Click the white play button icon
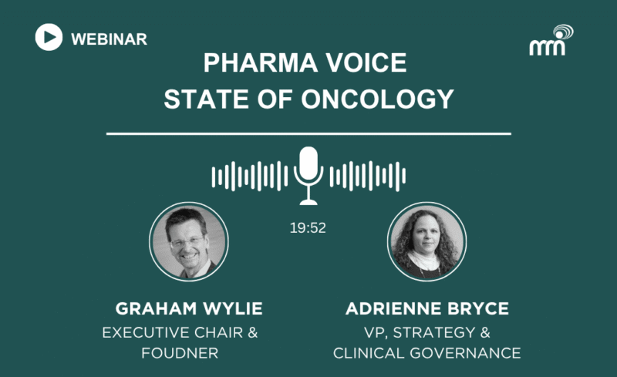point(49,37)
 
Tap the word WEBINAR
point(109,39)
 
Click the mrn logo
point(551,41)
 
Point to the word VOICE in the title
point(366,62)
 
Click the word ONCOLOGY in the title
point(377,99)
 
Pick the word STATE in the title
point(206,99)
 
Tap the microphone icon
point(308,176)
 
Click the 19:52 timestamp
point(308,228)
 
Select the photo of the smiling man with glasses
point(189,241)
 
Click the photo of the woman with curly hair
point(427,241)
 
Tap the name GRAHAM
point(156,308)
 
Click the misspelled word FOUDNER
point(180,353)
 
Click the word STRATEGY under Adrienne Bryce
point(434,332)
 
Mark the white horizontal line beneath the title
point(308,134)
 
